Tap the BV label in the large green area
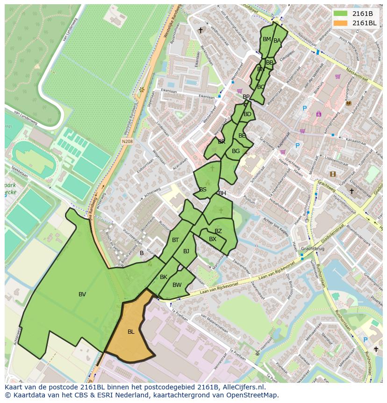82,294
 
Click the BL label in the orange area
131,332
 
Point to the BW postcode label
177,285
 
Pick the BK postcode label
164,277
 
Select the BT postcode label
175,240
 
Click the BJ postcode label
186,251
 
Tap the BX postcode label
213,239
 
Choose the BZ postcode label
218,232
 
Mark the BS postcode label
203,190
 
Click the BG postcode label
236,151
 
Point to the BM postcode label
266,39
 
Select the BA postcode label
277,41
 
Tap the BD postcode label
247,114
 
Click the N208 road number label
127,140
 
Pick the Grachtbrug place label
313,249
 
